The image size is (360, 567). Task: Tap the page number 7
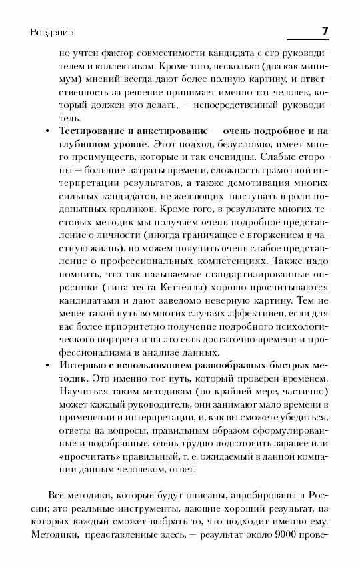[x=325, y=31]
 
